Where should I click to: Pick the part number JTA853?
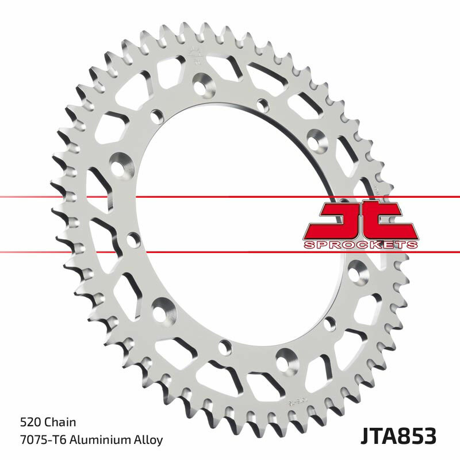tap(399, 436)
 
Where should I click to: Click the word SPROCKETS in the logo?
tap(360, 245)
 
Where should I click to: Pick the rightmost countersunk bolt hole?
tap(356, 268)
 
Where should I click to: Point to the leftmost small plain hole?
tap(133, 237)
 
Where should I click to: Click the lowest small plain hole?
tap(225, 347)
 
